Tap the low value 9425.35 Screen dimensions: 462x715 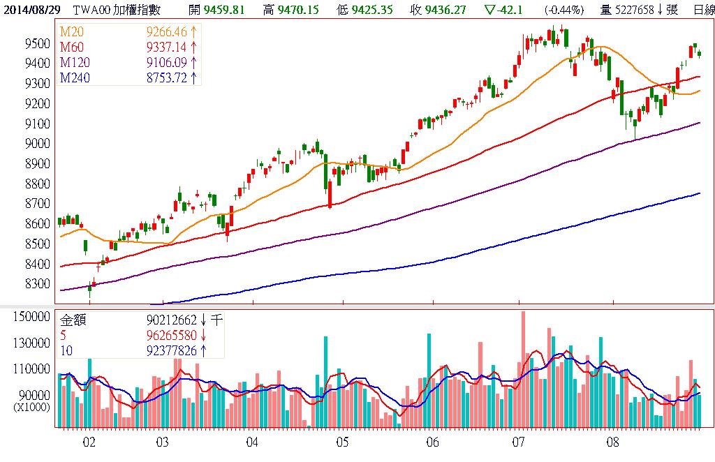point(374,10)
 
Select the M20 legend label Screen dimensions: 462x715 point(71,32)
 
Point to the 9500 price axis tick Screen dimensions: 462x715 point(36,43)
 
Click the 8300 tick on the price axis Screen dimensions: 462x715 point(36,285)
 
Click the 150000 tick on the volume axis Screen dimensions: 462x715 point(31,317)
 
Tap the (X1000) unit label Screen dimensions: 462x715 point(31,406)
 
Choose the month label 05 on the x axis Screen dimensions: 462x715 point(342,442)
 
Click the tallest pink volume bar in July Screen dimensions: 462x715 point(523,370)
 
